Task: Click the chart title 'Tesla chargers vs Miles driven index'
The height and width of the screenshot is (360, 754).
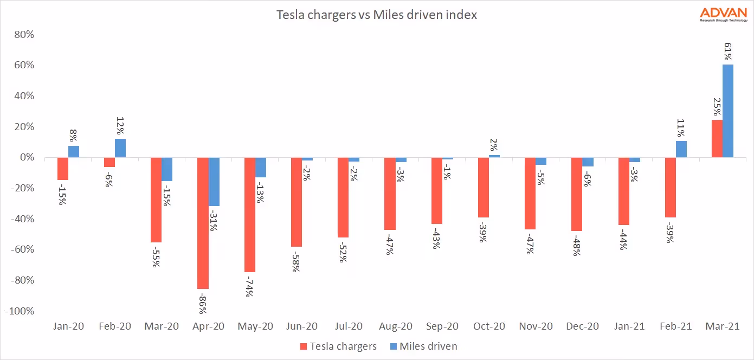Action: [x=377, y=15]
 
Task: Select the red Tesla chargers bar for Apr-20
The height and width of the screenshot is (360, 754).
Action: [x=203, y=223]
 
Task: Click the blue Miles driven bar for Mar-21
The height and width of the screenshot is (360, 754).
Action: [x=727, y=111]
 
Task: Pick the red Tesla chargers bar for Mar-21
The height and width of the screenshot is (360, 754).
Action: [x=717, y=139]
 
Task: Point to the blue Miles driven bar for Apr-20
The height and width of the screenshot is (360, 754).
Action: [x=214, y=182]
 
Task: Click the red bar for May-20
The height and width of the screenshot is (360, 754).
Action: [x=249, y=215]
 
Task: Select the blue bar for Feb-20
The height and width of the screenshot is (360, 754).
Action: [x=120, y=148]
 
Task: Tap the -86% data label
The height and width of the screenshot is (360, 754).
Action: [x=203, y=303]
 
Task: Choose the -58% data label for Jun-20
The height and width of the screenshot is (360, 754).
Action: [x=296, y=261]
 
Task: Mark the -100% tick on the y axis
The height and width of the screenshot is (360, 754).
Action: [x=20, y=312]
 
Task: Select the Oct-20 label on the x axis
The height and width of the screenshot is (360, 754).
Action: [x=488, y=327]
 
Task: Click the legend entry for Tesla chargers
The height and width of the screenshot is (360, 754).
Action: [x=338, y=346]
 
